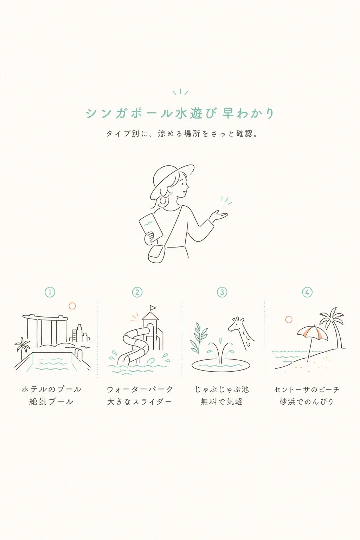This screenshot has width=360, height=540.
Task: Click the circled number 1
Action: [50, 292]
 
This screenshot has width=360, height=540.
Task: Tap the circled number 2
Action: [137, 292]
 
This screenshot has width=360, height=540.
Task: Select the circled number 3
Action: [222, 292]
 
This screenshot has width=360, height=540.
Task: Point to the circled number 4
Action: [307, 292]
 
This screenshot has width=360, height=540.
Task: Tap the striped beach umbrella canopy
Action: [312, 332]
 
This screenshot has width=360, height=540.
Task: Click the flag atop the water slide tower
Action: [153, 308]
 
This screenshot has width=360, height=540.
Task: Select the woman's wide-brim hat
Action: [172, 181]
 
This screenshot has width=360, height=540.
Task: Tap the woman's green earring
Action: [171, 193]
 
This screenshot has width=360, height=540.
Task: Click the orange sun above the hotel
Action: [72, 306]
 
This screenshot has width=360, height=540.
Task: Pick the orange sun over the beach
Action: [289, 320]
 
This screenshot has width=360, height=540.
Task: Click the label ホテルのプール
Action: [52, 389]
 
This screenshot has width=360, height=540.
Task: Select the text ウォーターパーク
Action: [140, 389]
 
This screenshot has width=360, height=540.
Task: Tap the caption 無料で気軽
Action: [221, 402]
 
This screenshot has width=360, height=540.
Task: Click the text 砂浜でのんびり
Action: [307, 402]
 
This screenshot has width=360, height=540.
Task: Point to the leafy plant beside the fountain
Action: [198, 338]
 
